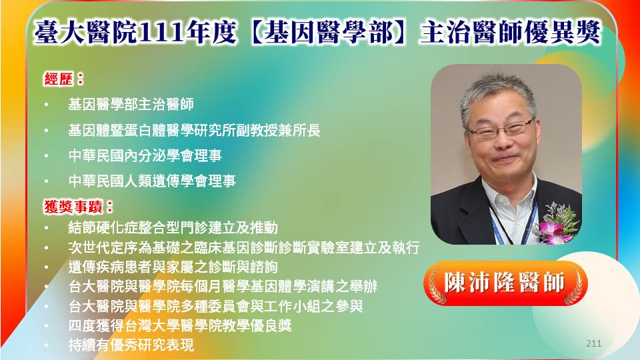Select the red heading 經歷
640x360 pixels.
[x=59, y=79]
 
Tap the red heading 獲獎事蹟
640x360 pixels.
[x=73, y=207]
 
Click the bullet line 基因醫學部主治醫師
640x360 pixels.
[x=131, y=105]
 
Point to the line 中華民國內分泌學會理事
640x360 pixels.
[x=145, y=155]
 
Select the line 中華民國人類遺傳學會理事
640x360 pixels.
[x=152, y=181]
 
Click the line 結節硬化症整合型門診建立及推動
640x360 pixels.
[x=173, y=228]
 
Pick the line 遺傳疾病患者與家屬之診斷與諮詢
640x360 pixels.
[x=173, y=267]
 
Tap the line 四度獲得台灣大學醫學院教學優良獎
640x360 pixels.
[x=179, y=326]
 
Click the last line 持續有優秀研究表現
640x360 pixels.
[x=131, y=345]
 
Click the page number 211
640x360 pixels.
[x=593, y=343]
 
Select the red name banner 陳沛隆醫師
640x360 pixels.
[x=505, y=283]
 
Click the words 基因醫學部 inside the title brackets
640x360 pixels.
[x=328, y=32]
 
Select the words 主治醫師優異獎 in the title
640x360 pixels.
[x=510, y=32]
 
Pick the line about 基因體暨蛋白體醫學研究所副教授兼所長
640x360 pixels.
[x=194, y=131]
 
